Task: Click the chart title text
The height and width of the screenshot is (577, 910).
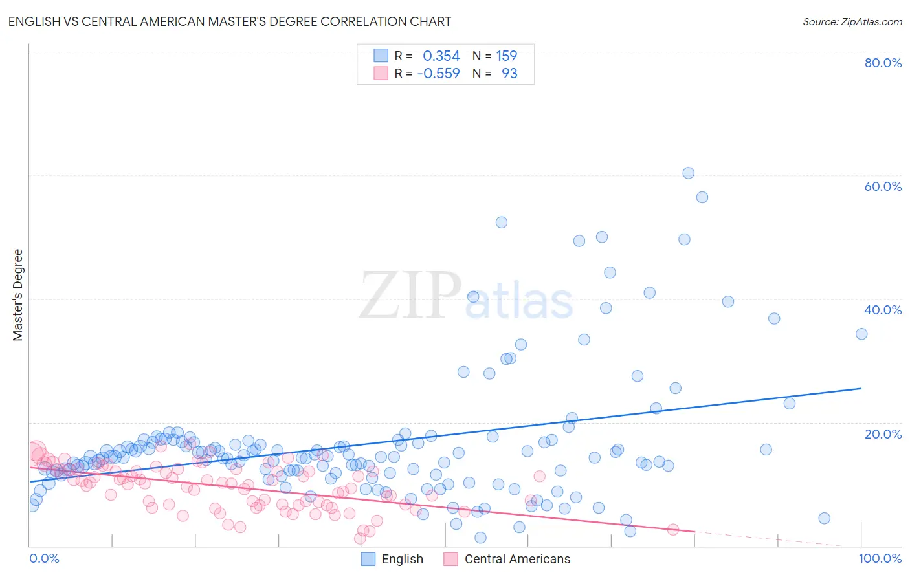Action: tap(230, 21)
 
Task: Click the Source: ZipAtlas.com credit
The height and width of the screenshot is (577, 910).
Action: tap(852, 21)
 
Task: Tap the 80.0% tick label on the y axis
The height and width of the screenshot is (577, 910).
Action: tap(883, 63)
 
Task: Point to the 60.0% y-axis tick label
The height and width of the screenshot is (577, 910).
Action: tap(883, 186)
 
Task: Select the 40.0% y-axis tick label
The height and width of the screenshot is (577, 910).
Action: tap(883, 310)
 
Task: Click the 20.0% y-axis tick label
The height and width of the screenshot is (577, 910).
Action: tap(883, 434)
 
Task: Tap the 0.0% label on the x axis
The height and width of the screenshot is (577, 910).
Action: tap(45, 558)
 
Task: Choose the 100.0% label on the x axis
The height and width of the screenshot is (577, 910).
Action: tap(880, 558)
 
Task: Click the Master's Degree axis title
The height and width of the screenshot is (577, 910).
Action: tap(18, 295)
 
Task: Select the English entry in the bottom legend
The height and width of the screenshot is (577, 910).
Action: tap(402, 559)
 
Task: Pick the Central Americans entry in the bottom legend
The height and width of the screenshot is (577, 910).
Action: tap(517, 559)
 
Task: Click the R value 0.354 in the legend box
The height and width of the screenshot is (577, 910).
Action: tap(441, 56)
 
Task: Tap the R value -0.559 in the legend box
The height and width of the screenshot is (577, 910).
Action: tap(438, 74)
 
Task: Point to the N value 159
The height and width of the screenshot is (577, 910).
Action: tap(506, 56)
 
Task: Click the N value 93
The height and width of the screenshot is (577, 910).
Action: tap(509, 74)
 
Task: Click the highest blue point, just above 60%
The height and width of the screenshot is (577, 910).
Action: tap(688, 173)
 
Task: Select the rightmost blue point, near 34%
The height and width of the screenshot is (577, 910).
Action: tap(861, 334)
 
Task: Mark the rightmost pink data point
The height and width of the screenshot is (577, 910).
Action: tap(673, 529)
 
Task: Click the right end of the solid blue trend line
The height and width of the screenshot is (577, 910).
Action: tap(861, 388)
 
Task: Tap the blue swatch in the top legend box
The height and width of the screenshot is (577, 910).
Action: tap(381, 56)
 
